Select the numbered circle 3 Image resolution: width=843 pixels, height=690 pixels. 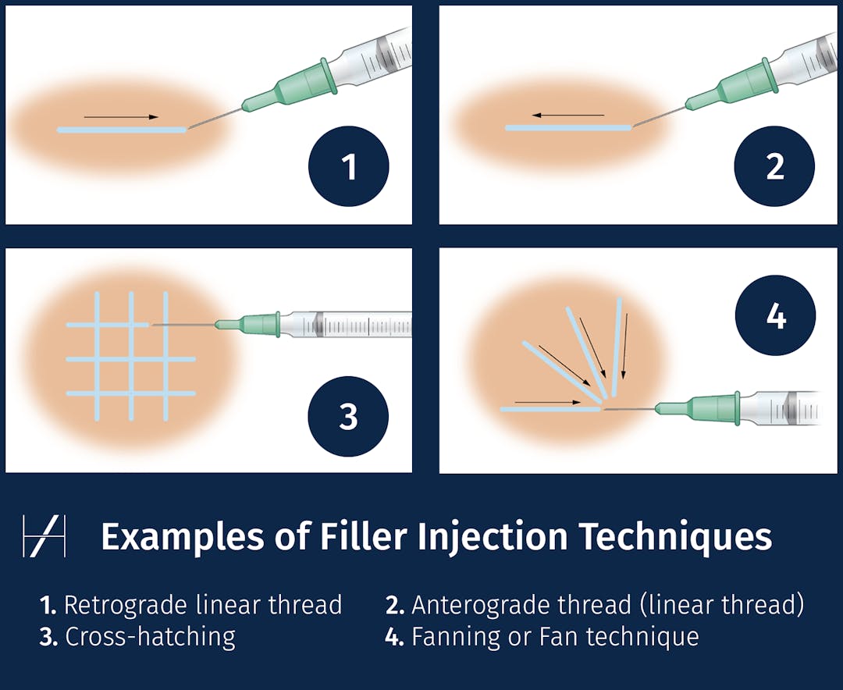[348, 417]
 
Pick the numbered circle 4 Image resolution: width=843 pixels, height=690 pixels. [775, 317]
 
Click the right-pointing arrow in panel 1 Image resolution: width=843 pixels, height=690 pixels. [121, 117]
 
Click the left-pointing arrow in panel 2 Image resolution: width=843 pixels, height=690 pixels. [568, 116]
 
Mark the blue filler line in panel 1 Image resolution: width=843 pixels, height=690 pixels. [121, 130]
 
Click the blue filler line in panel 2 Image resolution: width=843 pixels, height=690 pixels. [568, 127]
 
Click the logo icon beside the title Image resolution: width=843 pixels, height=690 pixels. [44, 536]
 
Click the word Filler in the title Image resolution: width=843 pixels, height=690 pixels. [364, 537]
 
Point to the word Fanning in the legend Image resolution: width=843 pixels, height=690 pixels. [454, 637]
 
